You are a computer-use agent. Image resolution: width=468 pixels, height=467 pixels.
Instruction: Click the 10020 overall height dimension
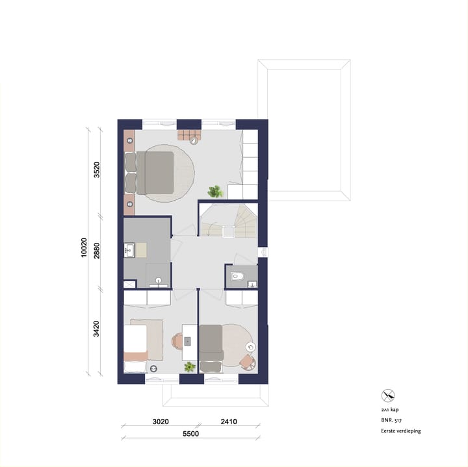tap(84, 247)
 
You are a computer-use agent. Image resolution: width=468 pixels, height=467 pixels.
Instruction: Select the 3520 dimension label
tap(97, 170)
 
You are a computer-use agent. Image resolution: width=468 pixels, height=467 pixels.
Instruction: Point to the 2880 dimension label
tap(97, 251)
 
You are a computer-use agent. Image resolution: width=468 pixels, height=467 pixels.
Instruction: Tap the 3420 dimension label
tap(96, 329)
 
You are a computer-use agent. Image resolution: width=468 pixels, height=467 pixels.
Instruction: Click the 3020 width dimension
tap(161, 422)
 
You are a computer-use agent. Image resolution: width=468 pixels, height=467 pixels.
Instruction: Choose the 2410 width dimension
tap(229, 422)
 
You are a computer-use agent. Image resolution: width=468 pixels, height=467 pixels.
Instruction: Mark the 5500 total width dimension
tap(190, 434)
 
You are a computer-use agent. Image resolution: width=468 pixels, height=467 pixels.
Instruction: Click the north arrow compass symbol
tap(388, 396)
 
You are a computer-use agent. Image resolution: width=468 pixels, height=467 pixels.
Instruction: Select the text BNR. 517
tap(391, 420)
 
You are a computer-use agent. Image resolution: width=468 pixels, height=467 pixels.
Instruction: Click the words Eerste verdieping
tap(401, 431)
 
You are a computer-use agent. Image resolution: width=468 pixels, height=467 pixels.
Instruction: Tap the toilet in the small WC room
tap(238, 277)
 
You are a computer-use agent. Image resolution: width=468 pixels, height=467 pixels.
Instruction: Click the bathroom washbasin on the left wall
tap(129, 250)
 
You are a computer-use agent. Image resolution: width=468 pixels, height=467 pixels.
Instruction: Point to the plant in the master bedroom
tap(216, 192)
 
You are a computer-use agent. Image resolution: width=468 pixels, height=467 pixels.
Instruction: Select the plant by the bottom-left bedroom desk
tap(190, 367)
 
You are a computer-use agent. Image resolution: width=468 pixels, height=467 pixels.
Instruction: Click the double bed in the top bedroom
tap(149, 173)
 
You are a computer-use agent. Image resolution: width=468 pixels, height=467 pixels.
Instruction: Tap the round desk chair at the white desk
tap(177, 341)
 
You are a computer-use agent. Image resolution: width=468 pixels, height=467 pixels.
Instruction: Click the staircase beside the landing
tap(229, 221)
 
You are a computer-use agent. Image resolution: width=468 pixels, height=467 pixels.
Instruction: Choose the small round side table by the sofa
tap(250, 347)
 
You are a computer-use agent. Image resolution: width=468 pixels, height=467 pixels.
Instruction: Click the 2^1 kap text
tap(390, 410)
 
